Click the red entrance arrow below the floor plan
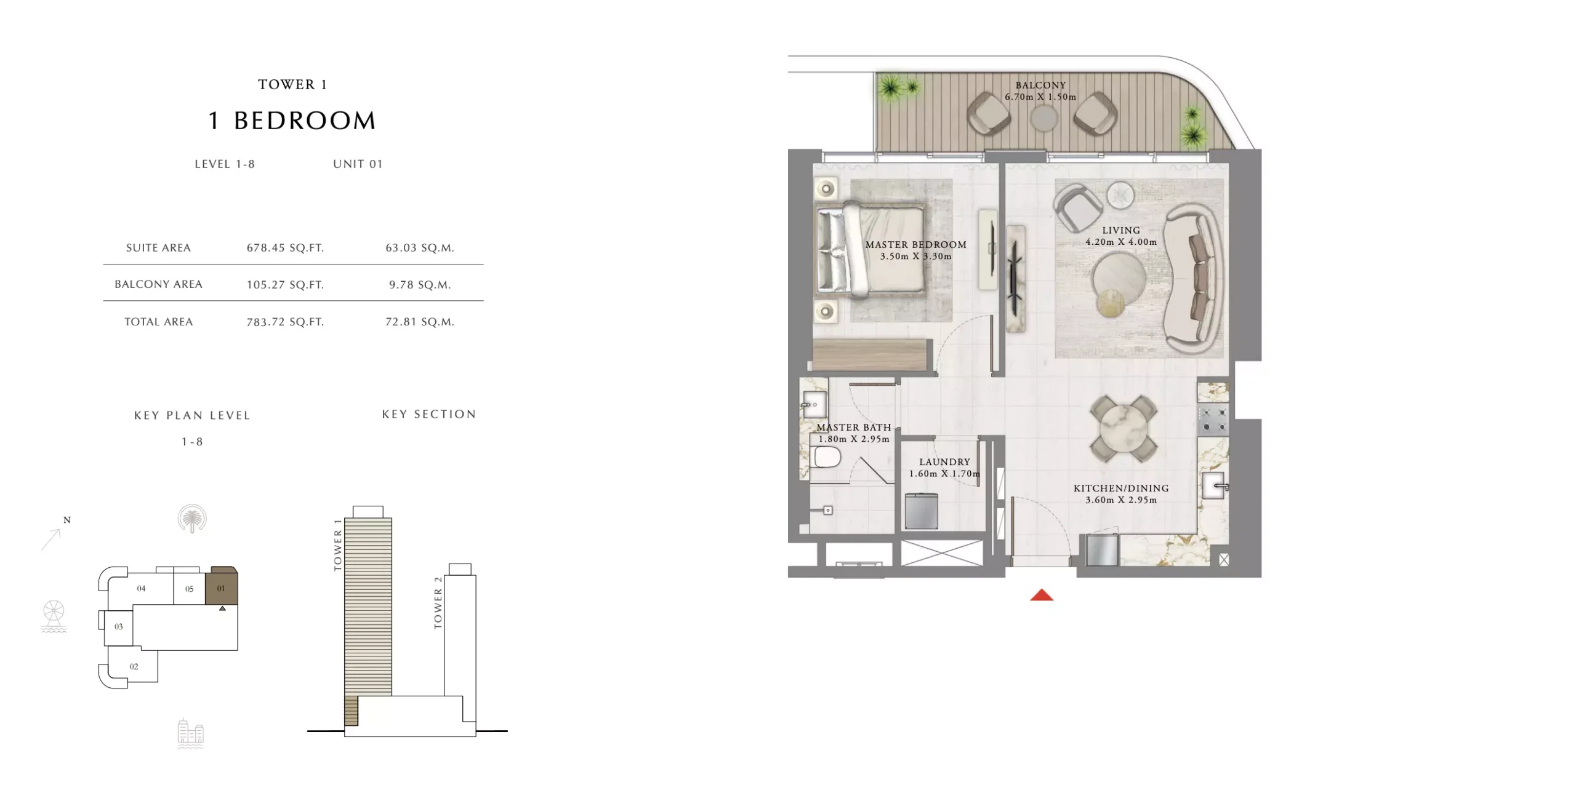pos(1042,595)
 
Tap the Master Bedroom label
pos(915,245)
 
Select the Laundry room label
pos(944,462)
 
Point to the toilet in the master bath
pos(827,458)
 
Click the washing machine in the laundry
pos(921,511)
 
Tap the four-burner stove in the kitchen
pos(1214,419)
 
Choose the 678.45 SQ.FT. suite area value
pos(285,248)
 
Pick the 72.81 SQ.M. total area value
pos(420,322)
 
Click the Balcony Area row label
pos(158,284)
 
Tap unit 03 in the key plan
pos(119,627)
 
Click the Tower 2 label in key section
pos(438,603)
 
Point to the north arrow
pos(51,539)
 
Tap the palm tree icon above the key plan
pos(192,519)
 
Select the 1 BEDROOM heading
pos(292,121)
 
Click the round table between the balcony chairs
pos(1043,119)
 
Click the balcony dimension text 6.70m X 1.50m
pos(1040,97)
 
